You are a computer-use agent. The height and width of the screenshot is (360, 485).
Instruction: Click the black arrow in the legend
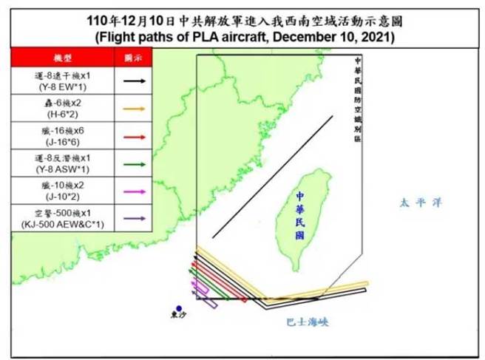tap(133, 80)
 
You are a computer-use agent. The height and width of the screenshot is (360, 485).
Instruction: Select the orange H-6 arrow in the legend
tap(133, 109)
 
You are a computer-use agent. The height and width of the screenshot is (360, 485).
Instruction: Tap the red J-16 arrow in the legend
tap(133, 137)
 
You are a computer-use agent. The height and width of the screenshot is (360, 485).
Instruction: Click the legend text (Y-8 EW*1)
tap(63, 86)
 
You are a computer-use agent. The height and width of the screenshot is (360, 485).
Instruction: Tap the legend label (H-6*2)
tap(63, 115)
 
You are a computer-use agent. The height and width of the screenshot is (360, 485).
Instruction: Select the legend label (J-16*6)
tap(63, 143)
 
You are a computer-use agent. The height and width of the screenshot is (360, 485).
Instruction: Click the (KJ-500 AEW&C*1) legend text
tap(63, 225)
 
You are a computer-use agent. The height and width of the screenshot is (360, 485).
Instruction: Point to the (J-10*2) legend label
tap(63, 197)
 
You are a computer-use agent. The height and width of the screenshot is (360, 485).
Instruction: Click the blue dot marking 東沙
tap(179, 309)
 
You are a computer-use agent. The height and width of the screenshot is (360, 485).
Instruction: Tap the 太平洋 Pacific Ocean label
tap(414, 202)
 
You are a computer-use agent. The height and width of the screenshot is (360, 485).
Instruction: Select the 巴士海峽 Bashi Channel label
tap(307, 322)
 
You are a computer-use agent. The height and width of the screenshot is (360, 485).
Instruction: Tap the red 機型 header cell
tap(62, 57)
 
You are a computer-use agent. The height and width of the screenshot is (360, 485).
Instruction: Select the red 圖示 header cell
tap(133, 57)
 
